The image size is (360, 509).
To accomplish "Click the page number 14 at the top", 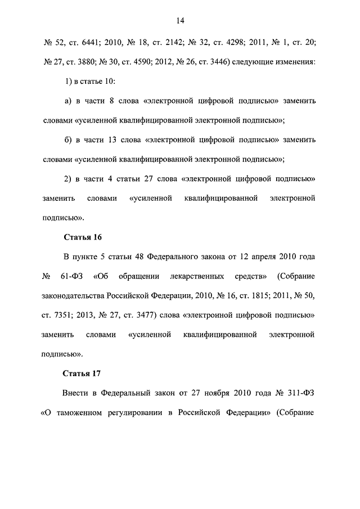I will click(x=180, y=21).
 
